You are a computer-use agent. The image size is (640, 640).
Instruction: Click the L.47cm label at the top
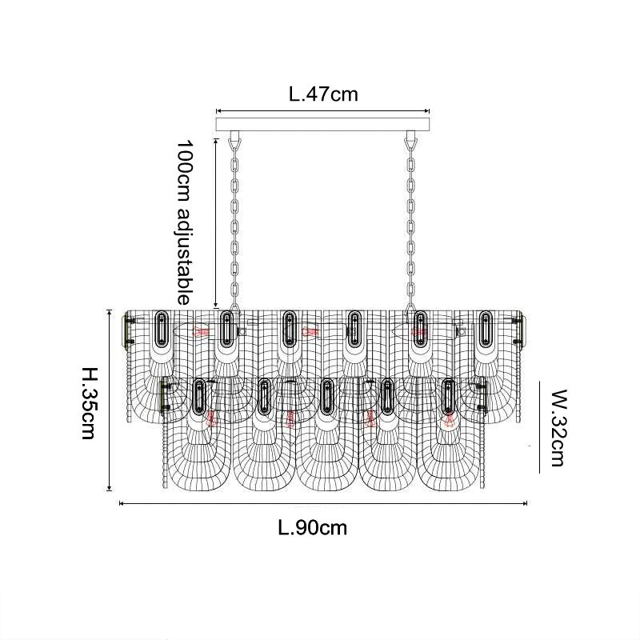click(323, 94)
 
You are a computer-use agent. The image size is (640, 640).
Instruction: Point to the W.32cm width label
click(557, 427)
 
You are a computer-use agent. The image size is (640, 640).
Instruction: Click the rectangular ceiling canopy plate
click(323, 124)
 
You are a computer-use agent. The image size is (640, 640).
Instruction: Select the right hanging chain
click(411, 224)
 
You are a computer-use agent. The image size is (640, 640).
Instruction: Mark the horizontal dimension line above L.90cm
click(323, 503)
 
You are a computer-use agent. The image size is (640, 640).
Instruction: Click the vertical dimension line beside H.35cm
click(110, 400)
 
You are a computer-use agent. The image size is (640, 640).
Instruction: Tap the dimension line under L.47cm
click(323, 111)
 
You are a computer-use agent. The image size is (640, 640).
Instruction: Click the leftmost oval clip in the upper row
click(161, 328)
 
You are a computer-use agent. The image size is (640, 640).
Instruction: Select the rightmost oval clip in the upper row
click(486, 328)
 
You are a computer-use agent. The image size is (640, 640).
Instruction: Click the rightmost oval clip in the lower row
click(448, 396)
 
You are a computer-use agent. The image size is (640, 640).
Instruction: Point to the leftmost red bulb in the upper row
click(199, 330)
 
